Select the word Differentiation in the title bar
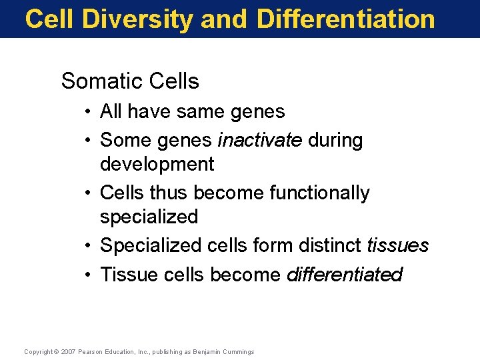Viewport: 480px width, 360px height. [x=345, y=19]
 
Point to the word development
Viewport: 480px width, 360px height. [x=157, y=164]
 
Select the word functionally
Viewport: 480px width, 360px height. [x=319, y=193]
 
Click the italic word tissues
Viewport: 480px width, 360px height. [x=397, y=245]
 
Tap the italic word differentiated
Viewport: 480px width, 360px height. [x=344, y=275]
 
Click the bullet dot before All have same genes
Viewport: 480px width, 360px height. [x=88, y=112]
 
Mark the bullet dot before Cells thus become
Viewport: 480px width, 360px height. [x=88, y=193]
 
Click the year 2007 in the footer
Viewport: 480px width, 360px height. [x=69, y=351]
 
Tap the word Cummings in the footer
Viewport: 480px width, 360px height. [x=239, y=351]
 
